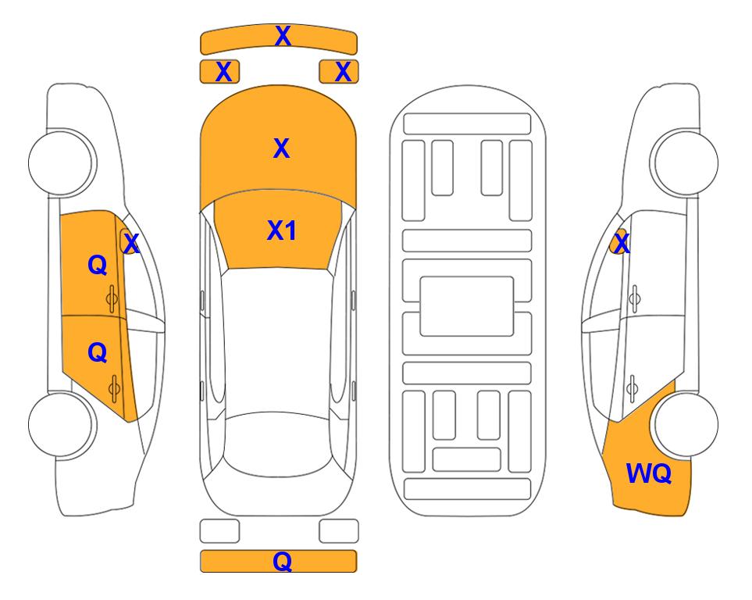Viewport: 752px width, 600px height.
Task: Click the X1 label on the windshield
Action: pyautogui.click(x=282, y=230)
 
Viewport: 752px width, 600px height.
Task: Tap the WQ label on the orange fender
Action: pyautogui.click(x=648, y=473)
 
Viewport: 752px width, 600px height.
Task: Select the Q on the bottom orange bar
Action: pyautogui.click(x=282, y=561)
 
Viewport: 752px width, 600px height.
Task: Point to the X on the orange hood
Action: pyautogui.click(x=282, y=148)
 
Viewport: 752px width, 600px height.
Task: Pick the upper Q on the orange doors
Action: pyautogui.click(x=97, y=265)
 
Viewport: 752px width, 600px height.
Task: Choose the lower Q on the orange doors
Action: pyautogui.click(x=97, y=353)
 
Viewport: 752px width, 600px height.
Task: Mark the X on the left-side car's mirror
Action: pyautogui.click(x=131, y=243)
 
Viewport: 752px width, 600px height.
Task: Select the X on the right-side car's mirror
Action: pyautogui.click(x=622, y=243)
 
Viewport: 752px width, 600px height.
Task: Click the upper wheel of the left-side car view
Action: pyautogui.click(x=62, y=162)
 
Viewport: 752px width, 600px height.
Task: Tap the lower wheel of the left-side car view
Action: pyautogui.click(x=62, y=424)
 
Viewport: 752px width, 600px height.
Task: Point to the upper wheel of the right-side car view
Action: pyautogui.click(x=684, y=162)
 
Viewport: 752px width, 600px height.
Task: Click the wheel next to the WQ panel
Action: pyautogui.click(x=686, y=424)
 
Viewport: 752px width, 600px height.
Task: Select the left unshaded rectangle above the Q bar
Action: pyautogui.click(x=219, y=531)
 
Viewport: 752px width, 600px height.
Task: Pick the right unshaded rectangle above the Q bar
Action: pyautogui.click(x=339, y=531)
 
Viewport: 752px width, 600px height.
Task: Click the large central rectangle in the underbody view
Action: pyautogui.click(x=467, y=306)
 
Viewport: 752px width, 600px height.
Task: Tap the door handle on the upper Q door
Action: pyautogui.click(x=112, y=299)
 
